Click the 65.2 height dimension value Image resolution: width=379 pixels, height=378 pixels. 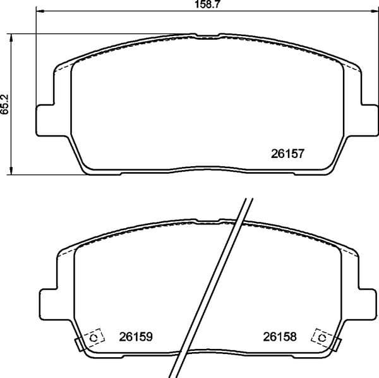4,102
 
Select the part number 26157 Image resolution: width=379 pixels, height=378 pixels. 288,153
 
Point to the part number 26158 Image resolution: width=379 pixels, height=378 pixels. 279,337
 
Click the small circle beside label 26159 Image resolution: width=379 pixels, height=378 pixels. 95,338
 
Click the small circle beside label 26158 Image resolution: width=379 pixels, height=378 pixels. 322,338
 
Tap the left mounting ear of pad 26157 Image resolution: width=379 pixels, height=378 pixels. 43,118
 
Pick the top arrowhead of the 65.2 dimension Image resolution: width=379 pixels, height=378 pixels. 11,37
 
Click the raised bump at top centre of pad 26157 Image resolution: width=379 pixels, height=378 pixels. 205,35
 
